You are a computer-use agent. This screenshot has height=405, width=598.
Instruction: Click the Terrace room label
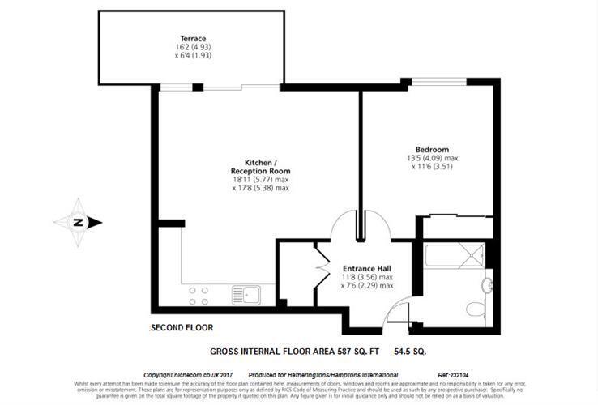point(192,38)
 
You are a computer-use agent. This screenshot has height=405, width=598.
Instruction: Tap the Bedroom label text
point(432,150)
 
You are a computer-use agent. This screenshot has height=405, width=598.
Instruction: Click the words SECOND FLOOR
point(182,328)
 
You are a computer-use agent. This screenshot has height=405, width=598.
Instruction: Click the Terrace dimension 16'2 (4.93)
point(193,48)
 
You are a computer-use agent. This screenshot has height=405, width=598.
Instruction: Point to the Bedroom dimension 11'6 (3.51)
point(440,168)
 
